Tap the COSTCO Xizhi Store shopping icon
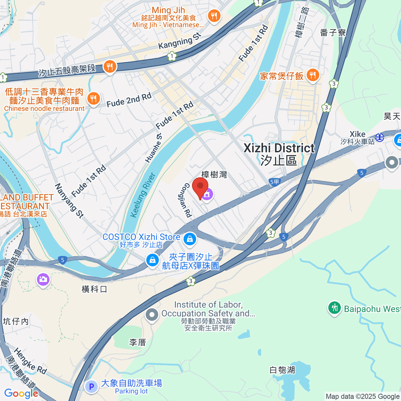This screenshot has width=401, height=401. coord(190,238)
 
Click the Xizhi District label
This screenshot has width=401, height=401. coord(279,148)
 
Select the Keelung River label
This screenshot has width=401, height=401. coord(143,195)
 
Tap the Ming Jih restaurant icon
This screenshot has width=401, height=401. coord(214,15)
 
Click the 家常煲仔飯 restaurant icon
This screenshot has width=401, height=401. coord(312,75)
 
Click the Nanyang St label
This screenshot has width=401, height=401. coord(69,200)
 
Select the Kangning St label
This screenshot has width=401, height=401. coord(180,41)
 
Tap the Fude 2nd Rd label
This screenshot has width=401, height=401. coord(129,100)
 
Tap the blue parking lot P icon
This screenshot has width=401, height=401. coord(91,387)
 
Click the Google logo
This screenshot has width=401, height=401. coord(21,393)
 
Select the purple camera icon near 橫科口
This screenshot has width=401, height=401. coord(43,280)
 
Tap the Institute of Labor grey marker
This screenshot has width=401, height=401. coord(152,314)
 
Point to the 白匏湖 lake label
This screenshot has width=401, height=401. coord(282,370)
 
